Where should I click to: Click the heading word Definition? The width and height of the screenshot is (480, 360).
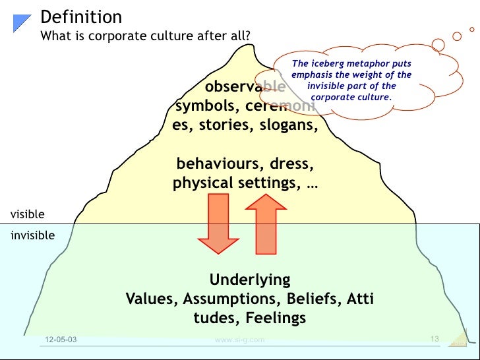81,16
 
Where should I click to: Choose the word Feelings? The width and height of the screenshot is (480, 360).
276,318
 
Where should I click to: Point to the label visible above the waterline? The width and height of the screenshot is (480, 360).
28,214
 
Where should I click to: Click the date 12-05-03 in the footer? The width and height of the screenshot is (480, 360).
60,340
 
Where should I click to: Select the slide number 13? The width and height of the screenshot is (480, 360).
434,339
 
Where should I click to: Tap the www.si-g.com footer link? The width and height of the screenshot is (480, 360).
240,340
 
